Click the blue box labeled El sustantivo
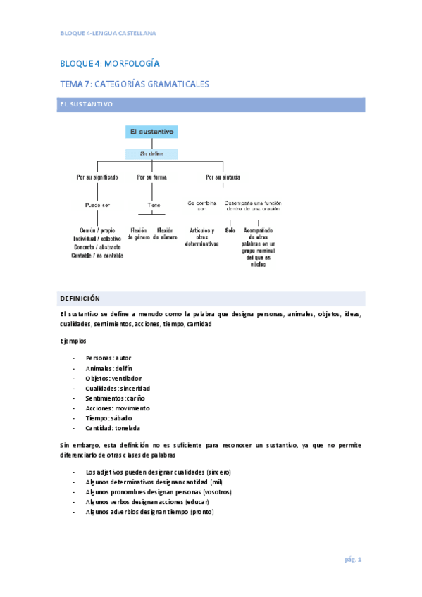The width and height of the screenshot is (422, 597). pyautogui.click(x=151, y=132)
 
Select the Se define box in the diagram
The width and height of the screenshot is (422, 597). pyautogui.click(x=151, y=153)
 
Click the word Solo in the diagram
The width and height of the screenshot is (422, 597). pyautogui.click(x=230, y=230)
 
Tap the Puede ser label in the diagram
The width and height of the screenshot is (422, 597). pyautogui.click(x=97, y=205)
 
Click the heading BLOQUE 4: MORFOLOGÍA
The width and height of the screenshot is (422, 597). pyautogui.click(x=109, y=63)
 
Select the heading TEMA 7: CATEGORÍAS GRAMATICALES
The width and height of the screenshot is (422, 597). pyautogui.click(x=134, y=84)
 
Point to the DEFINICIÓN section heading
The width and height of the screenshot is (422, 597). pyautogui.click(x=80, y=298)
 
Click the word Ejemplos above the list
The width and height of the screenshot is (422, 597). pyautogui.click(x=73, y=340)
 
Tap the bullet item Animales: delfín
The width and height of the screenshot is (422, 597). pyautogui.click(x=108, y=368)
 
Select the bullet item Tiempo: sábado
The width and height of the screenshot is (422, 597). pyautogui.click(x=108, y=417)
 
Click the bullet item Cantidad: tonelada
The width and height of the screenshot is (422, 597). pyautogui.click(x=113, y=427)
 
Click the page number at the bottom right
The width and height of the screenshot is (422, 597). pyautogui.click(x=352, y=560)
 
